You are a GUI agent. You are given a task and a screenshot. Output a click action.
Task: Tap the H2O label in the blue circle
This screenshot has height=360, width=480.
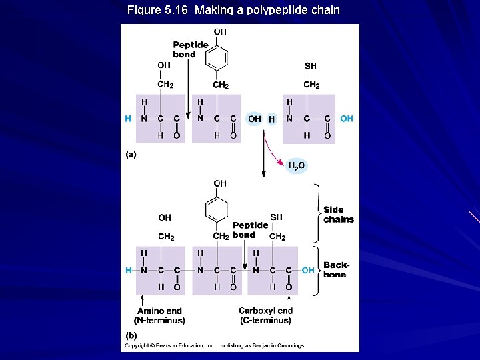(x=297, y=165)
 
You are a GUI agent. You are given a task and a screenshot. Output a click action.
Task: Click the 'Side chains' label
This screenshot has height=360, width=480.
(x=339, y=214)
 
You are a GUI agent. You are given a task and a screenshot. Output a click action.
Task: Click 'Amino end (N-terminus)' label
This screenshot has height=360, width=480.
(x=160, y=315)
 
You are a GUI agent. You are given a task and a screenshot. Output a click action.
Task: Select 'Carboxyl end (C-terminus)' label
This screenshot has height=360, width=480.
(x=265, y=315)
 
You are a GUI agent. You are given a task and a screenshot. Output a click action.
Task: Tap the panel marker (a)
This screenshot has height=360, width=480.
(x=131, y=154)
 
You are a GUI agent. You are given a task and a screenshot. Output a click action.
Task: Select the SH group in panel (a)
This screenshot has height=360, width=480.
(x=311, y=65)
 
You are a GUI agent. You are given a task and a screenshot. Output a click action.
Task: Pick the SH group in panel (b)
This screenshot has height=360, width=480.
(x=277, y=217)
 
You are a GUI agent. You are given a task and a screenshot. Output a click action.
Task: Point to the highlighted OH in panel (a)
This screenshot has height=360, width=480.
(x=254, y=119)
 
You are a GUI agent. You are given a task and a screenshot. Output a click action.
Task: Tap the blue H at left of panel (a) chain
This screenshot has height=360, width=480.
(x=128, y=119)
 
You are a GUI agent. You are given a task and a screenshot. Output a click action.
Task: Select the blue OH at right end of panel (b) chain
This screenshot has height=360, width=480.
(x=308, y=270)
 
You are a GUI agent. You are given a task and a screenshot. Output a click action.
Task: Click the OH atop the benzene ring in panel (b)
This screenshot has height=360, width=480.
(x=220, y=183)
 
